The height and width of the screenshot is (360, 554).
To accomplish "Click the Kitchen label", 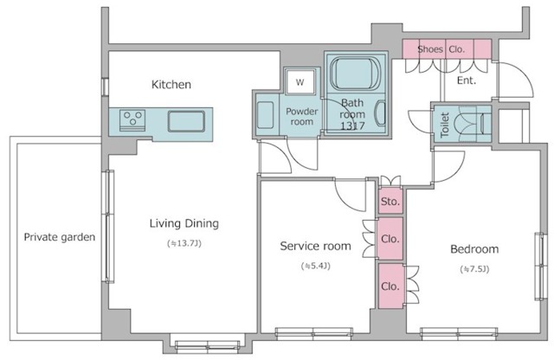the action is click(x=171, y=85).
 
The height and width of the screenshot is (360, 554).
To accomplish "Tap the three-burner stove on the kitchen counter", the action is click(x=132, y=119).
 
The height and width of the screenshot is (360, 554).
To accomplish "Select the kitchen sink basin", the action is click(x=186, y=121).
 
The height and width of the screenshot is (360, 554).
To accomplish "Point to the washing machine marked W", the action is click(x=300, y=82).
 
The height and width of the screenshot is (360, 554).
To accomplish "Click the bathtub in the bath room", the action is click(x=355, y=74).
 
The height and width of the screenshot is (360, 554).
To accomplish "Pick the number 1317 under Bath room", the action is click(x=352, y=125).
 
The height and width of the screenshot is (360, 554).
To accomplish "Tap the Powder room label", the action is click(x=302, y=116).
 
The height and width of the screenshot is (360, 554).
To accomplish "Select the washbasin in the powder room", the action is click(x=265, y=115).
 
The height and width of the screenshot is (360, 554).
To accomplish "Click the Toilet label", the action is click(x=445, y=125).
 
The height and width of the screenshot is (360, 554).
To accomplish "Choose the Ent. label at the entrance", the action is click(x=467, y=80).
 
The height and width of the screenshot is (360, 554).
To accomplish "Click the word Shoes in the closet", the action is click(x=430, y=49).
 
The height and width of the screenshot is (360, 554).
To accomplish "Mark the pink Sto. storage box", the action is click(x=390, y=202).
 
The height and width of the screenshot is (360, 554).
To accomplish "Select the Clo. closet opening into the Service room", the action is click(x=390, y=239).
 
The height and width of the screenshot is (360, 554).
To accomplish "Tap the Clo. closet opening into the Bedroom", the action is click(x=390, y=286).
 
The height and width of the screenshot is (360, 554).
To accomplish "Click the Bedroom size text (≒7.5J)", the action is click(x=474, y=269).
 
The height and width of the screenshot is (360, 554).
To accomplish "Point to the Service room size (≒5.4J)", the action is click(x=315, y=266).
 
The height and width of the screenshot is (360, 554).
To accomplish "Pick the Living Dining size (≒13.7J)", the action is click(x=184, y=243).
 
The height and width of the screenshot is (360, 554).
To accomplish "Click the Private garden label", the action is click(x=60, y=237).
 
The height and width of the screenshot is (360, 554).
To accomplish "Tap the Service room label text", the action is click(x=315, y=246).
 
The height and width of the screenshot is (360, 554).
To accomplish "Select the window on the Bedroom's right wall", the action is click(x=540, y=267).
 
